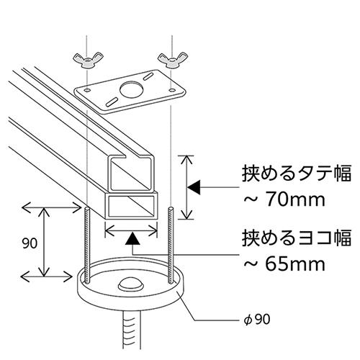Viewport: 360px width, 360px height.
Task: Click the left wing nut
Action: pyautogui.click(x=88, y=60)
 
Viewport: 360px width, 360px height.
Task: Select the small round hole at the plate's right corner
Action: pyautogui.click(x=171, y=90)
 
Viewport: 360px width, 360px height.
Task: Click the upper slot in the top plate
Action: pyautogui.click(x=148, y=76)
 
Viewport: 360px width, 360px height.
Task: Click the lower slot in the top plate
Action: pyautogui.click(x=111, y=102)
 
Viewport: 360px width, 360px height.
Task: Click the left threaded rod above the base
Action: pyautogui.click(x=87, y=244)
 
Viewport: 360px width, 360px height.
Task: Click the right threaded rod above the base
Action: pyautogui.click(x=171, y=246)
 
